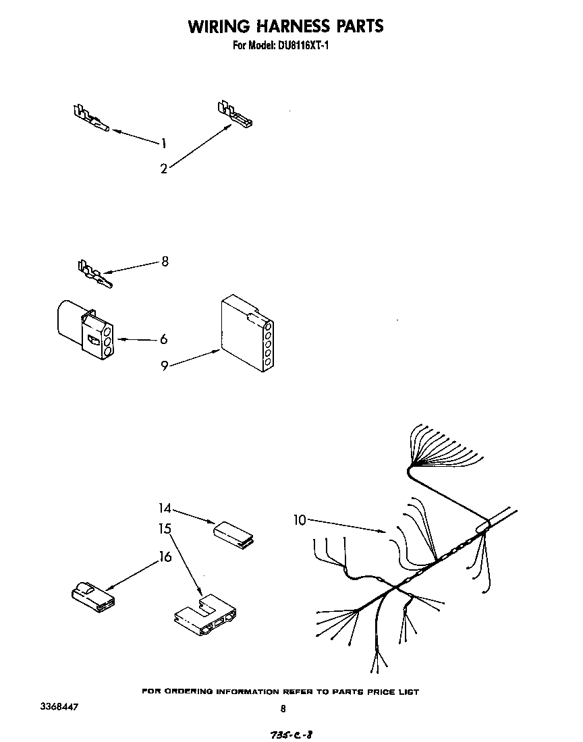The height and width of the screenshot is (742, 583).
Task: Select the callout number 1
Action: click(x=164, y=142)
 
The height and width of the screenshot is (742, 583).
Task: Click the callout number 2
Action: click(x=164, y=169)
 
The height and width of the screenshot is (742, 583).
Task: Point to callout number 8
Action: click(x=164, y=262)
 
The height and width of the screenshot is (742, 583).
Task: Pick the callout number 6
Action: click(x=164, y=339)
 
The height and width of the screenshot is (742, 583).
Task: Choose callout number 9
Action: click(x=165, y=366)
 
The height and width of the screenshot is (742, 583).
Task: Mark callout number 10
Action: click(x=300, y=519)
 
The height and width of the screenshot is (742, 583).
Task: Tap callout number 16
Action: click(x=165, y=557)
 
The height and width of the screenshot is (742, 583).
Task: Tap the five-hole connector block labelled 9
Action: click(x=246, y=335)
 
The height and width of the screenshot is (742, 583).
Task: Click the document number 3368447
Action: click(x=59, y=707)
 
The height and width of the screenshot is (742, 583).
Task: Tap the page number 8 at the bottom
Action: click(x=283, y=708)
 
